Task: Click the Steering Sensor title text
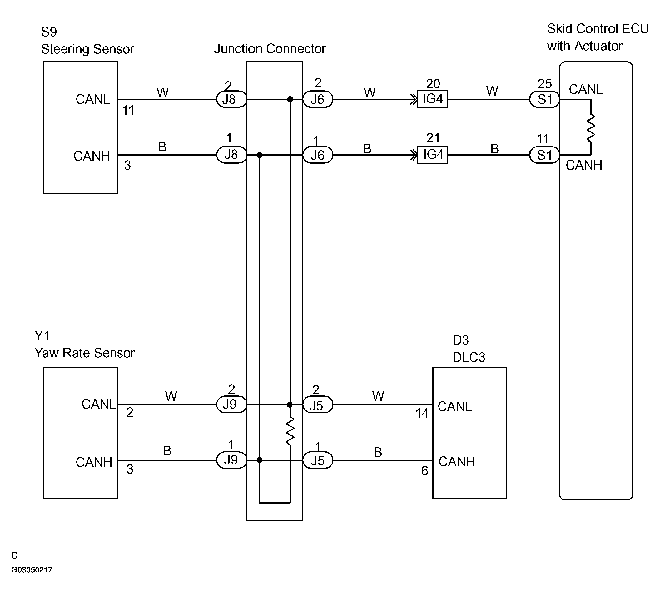tap(87, 49)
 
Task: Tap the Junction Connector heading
tap(270, 49)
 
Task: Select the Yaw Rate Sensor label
tap(84, 353)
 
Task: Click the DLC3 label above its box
tap(469, 357)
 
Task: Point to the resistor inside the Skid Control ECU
tap(591, 128)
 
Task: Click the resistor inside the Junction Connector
tap(290, 431)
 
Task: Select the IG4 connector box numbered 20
tap(433, 99)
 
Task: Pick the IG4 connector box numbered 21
tap(433, 155)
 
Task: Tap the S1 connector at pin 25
tap(544, 99)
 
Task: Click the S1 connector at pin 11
tap(544, 155)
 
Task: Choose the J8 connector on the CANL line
tap(231, 99)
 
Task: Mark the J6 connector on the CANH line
tap(318, 155)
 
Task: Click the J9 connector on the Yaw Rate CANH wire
tap(231, 460)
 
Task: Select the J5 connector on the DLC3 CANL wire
tap(318, 405)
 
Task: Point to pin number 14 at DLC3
tap(422, 414)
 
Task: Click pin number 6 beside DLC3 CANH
tap(424, 471)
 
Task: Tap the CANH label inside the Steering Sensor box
tap(92, 156)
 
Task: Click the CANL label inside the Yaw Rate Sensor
tap(98, 405)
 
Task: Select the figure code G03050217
tap(32, 570)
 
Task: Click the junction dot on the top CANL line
tap(290, 99)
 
